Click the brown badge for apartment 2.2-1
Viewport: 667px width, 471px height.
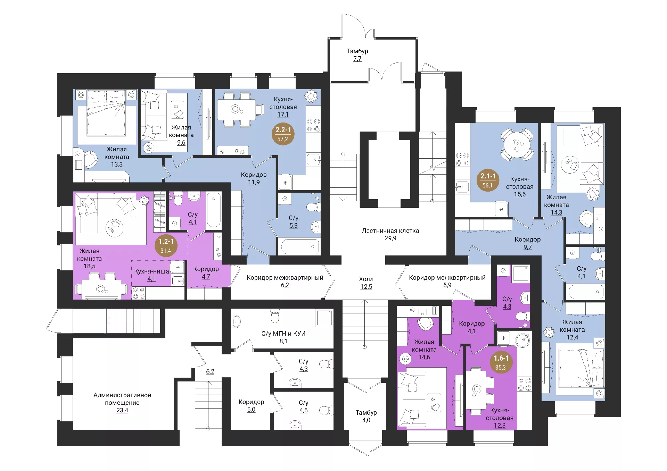(x=283, y=134)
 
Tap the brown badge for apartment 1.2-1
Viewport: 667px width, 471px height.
(x=166, y=246)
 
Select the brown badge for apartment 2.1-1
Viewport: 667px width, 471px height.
(x=488, y=180)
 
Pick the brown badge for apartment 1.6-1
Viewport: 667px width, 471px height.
(x=501, y=362)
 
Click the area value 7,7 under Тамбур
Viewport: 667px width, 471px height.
(x=357, y=59)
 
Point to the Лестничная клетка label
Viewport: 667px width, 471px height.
(x=390, y=231)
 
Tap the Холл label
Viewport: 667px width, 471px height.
(x=366, y=279)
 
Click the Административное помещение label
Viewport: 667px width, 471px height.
(x=122, y=399)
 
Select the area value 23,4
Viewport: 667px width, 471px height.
(x=122, y=410)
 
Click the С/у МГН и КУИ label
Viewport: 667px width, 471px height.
(x=283, y=334)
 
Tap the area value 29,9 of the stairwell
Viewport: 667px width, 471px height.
(x=390, y=238)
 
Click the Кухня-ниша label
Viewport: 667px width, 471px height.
(x=151, y=271)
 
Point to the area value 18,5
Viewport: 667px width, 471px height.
(x=89, y=266)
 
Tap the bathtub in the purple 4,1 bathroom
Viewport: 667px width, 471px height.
(x=214, y=210)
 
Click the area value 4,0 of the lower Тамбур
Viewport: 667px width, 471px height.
(x=366, y=420)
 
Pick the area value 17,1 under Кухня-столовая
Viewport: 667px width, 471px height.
(x=283, y=115)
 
